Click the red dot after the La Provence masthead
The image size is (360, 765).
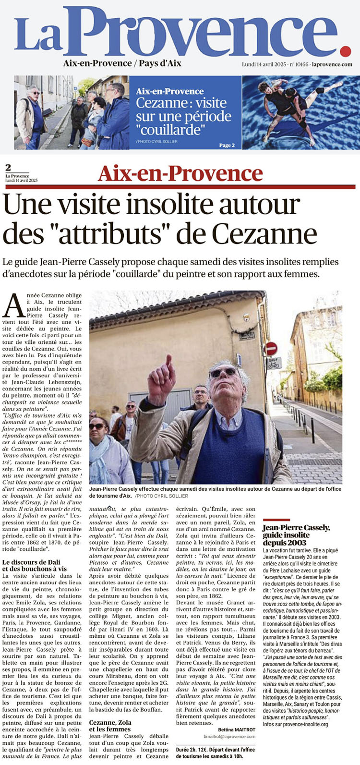[345, 50]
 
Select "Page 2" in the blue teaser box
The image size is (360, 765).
[227, 145]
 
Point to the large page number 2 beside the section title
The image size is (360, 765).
[8, 168]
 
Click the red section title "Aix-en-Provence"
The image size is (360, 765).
[180, 173]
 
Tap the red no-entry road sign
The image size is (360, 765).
[272, 348]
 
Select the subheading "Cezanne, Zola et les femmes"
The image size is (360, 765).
[111, 725]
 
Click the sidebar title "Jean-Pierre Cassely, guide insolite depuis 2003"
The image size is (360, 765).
[296, 534]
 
